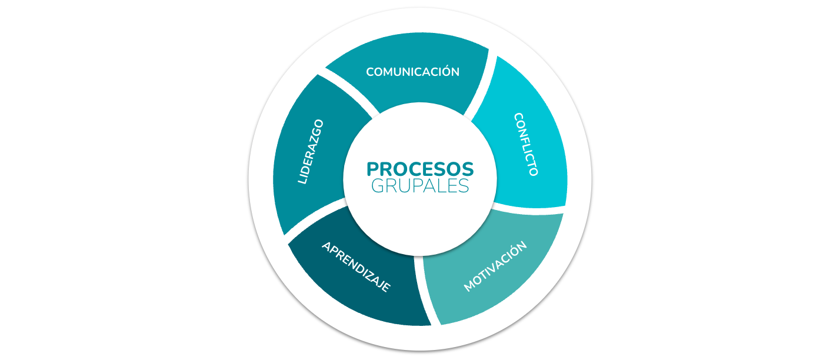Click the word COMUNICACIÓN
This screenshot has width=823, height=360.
click(412, 71)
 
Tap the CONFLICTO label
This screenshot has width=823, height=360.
click(527, 144)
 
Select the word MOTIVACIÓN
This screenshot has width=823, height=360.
click(495, 266)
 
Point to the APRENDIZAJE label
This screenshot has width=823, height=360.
click(356, 267)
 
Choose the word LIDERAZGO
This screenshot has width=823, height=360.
click(311, 152)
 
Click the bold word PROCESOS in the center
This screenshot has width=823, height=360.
click(420, 169)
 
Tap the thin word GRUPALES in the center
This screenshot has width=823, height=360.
click(420, 186)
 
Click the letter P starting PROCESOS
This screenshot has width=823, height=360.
click(373, 169)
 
